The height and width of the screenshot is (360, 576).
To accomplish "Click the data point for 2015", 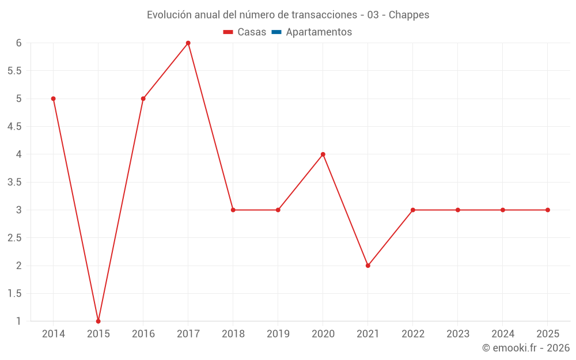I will coord(98,321).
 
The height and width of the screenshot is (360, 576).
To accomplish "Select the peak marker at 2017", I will coord(188,43).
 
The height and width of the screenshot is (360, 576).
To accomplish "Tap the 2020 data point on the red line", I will coord(323,154).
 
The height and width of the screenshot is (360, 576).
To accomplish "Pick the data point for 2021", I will coord(368,266).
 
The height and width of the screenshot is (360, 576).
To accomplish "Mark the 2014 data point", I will coord(54,98).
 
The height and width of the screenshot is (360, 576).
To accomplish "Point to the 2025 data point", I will coord(548,210).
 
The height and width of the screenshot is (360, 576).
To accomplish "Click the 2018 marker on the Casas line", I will coord(233,210).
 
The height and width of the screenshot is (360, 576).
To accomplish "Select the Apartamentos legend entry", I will coord(319,32).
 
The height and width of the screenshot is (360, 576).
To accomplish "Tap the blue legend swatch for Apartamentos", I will coord(276,32).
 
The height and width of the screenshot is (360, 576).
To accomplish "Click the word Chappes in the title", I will coord(409,15).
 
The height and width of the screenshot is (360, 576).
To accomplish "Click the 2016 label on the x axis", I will coord(143,334).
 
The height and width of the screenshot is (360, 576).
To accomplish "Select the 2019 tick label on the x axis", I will coord(278,334).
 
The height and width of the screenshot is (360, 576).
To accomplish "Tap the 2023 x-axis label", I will coord(458,334).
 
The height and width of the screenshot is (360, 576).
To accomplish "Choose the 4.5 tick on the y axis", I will coord(14,127).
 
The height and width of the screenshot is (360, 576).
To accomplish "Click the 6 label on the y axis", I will coord(19,43).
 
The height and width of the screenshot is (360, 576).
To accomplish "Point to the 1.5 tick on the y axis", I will coord(14,294).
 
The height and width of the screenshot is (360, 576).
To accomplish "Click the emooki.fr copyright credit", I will coord(526,348).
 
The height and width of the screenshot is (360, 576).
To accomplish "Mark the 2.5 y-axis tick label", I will coord(14,238).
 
